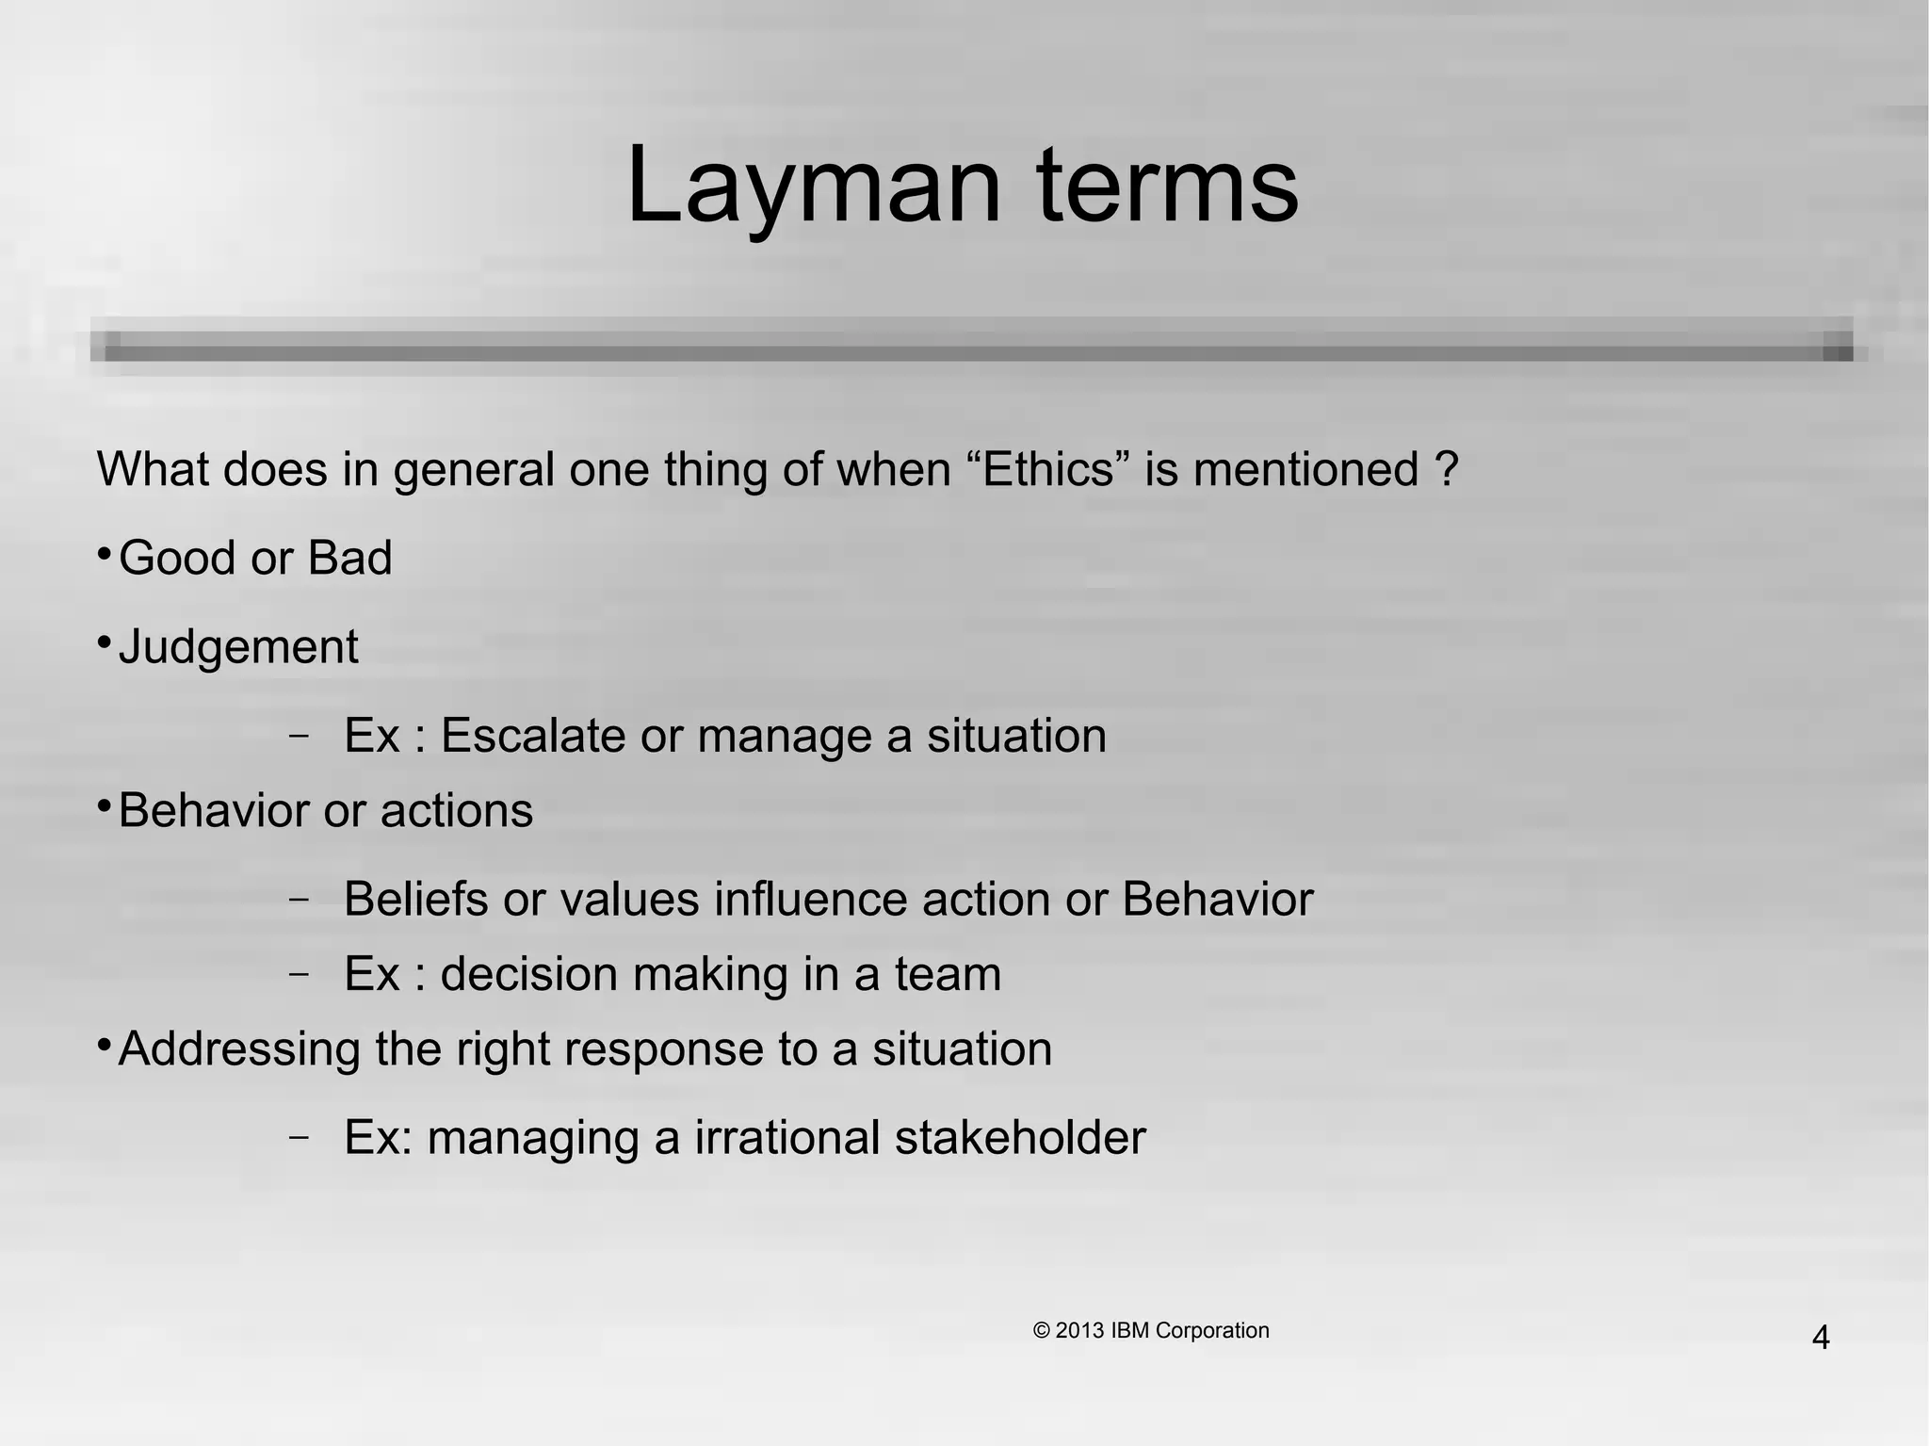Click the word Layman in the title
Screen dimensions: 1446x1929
tap(813, 186)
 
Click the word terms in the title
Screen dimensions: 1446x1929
tap(1168, 186)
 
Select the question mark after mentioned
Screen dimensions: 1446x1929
tap(1448, 469)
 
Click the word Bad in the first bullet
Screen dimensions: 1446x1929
tap(349, 558)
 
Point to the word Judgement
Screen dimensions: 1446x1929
tap(238, 647)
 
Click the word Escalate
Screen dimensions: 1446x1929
tap(533, 736)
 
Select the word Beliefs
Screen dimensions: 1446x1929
tap(415, 899)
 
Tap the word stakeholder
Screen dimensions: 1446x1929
tap(1020, 1137)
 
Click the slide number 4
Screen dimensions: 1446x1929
tap(1820, 1338)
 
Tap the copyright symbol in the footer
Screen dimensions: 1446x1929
tap(1042, 1330)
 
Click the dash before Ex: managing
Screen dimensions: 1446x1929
tap(299, 1137)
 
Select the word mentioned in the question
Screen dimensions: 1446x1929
tap(1305, 469)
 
